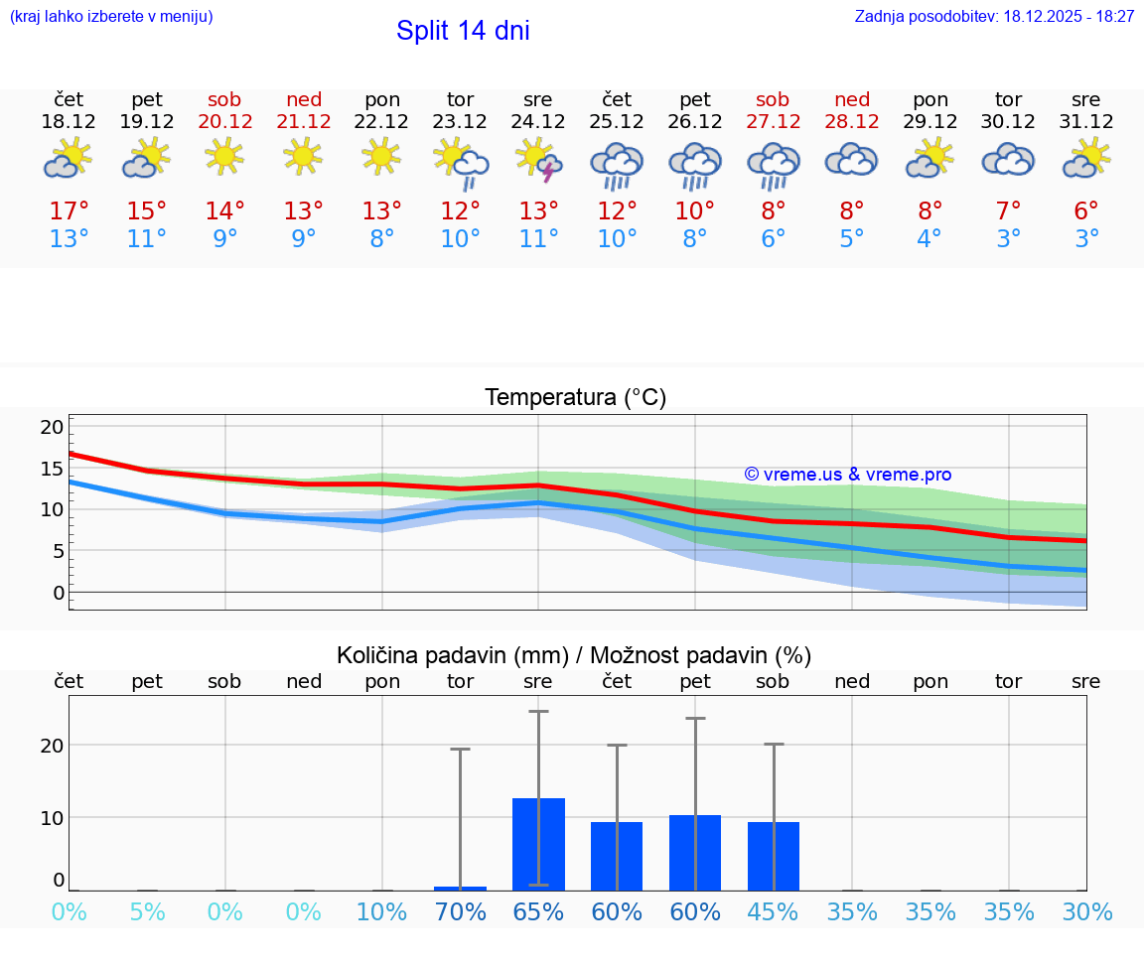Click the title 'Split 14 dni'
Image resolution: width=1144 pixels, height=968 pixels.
463,31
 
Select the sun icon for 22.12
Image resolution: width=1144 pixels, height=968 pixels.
382,156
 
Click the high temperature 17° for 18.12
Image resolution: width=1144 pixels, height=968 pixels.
69,211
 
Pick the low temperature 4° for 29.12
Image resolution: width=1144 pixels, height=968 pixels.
929,239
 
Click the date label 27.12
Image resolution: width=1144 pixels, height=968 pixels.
773,121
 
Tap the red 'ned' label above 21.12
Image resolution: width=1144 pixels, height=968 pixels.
304,99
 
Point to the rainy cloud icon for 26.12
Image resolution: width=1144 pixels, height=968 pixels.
695,165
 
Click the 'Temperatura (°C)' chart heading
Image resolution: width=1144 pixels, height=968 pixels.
576,398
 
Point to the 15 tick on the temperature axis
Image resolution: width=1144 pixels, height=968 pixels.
52,469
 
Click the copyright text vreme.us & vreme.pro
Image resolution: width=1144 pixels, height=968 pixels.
848,475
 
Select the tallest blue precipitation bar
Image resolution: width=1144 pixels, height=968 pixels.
538,844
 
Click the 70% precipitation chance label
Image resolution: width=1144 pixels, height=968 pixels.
461,912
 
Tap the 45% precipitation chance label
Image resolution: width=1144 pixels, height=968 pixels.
773,912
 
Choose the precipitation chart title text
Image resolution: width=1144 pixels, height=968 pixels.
574,655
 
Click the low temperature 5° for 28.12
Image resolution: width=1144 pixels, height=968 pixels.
851,239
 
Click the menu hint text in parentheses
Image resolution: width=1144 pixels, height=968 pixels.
111,17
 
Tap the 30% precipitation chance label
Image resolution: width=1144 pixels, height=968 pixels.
1086,912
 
